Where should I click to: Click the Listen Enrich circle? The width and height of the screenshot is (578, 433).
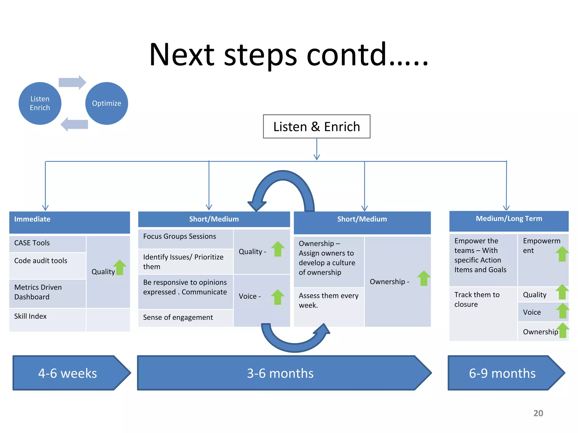tap(40, 103)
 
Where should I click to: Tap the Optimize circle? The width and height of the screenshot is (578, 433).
tap(106, 103)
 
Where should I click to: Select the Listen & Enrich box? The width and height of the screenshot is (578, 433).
tap(316, 127)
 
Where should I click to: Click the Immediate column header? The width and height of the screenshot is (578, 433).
tap(69, 222)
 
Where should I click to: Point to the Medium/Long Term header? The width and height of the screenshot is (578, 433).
tap(509, 221)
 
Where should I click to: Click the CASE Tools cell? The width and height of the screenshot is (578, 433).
tap(47, 243)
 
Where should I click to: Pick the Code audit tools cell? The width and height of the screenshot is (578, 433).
tap(47, 265)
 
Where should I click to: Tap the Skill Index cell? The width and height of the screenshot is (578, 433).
tap(47, 319)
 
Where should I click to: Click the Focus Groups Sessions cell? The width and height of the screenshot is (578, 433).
tap(185, 238)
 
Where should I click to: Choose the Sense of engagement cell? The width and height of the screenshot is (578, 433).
tap(185, 318)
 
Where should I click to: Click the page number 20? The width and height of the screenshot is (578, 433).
tap(538, 413)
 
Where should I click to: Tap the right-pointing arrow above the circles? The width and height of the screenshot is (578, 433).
tap(72, 82)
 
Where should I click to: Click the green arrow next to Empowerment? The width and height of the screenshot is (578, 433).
tap(562, 254)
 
